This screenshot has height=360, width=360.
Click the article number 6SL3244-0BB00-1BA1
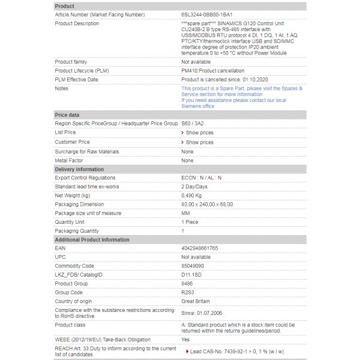(x=206, y=14)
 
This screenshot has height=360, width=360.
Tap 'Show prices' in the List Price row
(x=199, y=133)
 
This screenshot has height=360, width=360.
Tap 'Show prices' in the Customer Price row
(x=199, y=142)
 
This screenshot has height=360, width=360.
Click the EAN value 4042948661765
(x=200, y=248)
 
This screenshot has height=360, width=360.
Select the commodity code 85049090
(x=194, y=266)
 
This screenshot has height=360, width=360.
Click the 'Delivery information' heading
(x=79, y=169)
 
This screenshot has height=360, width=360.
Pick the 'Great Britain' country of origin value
(x=195, y=301)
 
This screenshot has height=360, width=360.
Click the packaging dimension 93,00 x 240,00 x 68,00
(x=207, y=205)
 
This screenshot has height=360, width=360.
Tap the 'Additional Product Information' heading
(x=92, y=239)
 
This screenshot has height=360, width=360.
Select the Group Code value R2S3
(x=188, y=292)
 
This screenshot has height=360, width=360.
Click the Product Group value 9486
(x=187, y=283)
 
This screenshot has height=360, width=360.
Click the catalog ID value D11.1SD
(x=191, y=275)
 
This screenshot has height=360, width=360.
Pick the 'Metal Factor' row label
(x=69, y=161)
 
